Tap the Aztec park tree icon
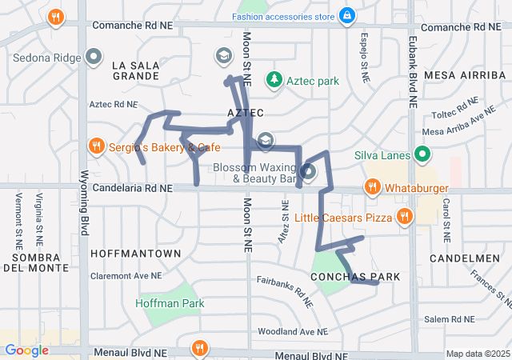tap(275, 80)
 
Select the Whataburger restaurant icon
tap(372, 187)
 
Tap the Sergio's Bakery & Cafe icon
tap(96, 146)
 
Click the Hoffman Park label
tap(170, 303)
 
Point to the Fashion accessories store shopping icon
tap(346, 15)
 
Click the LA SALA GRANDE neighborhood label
tap(135, 70)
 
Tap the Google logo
tap(26, 350)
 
